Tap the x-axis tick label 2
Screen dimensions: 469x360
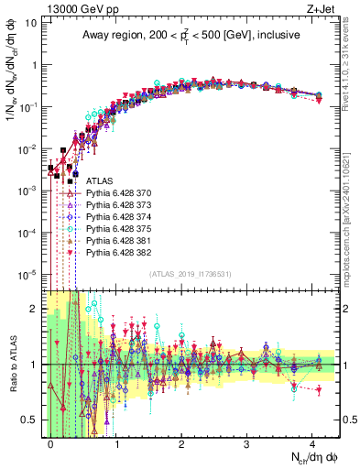point(181,442)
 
